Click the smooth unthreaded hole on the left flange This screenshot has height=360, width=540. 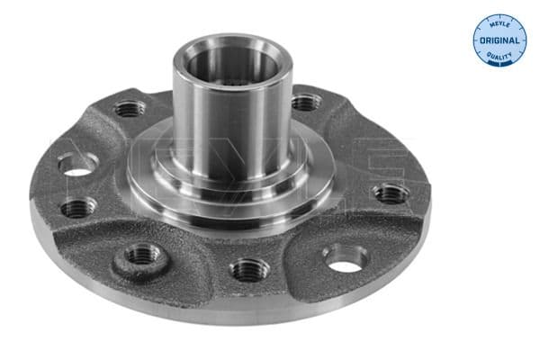[77, 164]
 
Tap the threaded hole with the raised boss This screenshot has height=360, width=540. [141, 256]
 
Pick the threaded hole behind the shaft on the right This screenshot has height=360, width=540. [304, 103]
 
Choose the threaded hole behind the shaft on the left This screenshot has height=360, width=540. [130, 110]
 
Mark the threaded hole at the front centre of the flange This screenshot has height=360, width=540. [248, 268]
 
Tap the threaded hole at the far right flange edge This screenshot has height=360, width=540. [391, 193]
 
